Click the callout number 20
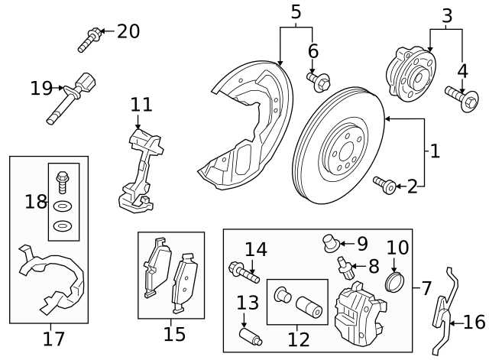(x=128, y=31)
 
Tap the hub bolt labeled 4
(x=459, y=97)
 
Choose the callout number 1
(x=435, y=151)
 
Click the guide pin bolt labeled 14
(x=243, y=271)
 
